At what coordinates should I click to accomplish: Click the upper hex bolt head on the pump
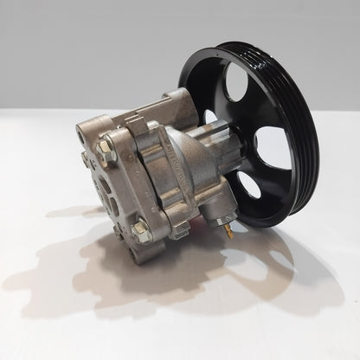(105, 148)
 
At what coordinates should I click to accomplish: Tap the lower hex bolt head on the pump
(141, 229)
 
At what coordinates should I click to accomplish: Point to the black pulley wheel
(260, 130)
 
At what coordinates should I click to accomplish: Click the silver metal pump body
(156, 173)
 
